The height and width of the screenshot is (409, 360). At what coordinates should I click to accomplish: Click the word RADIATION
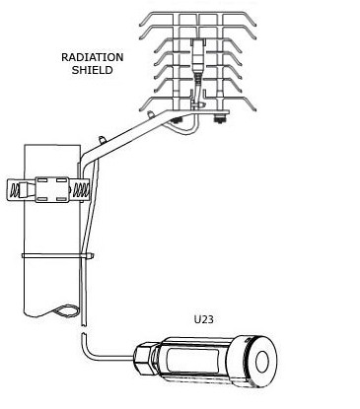click(x=93, y=57)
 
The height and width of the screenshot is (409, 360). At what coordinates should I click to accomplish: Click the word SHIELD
click(x=93, y=70)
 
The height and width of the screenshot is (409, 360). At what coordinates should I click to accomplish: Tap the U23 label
click(x=203, y=319)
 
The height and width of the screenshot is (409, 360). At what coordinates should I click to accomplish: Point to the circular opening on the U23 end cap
click(x=262, y=362)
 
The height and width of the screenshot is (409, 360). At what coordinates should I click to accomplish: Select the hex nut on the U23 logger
click(x=144, y=358)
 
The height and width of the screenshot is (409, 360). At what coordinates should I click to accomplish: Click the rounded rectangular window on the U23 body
click(x=192, y=362)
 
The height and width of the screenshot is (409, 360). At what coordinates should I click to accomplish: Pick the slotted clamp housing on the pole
click(x=52, y=189)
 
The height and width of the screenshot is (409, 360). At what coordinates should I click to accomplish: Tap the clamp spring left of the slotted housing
click(x=15, y=190)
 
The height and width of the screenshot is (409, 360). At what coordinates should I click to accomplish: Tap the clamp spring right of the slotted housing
click(x=80, y=190)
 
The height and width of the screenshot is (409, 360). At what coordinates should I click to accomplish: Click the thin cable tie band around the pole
click(x=58, y=255)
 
